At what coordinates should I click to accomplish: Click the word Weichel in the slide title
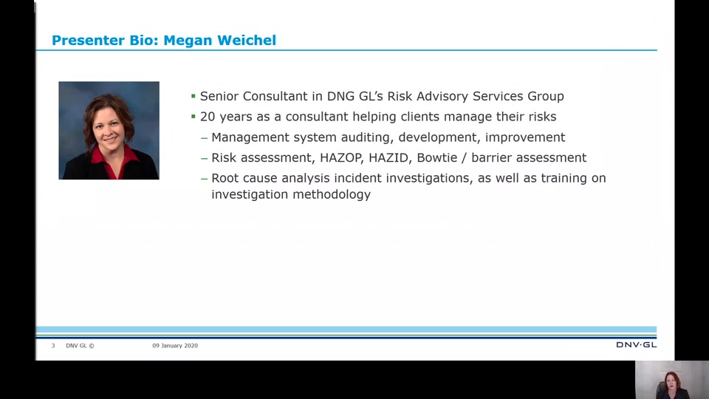(x=247, y=40)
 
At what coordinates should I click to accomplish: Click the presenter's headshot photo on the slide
(x=109, y=130)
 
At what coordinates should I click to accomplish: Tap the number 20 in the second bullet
(x=207, y=117)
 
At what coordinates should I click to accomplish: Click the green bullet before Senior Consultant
(x=193, y=96)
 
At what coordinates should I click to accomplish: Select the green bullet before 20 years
(x=193, y=116)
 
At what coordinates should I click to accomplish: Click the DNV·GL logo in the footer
(x=636, y=345)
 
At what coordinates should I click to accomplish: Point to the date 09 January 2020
(x=175, y=346)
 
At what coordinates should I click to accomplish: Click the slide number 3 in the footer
(x=53, y=346)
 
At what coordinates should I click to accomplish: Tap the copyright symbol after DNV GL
(x=92, y=346)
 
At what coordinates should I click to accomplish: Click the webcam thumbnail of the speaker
(x=672, y=380)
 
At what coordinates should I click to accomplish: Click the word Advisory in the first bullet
(x=442, y=96)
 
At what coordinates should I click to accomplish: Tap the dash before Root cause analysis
(x=205, y=178)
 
